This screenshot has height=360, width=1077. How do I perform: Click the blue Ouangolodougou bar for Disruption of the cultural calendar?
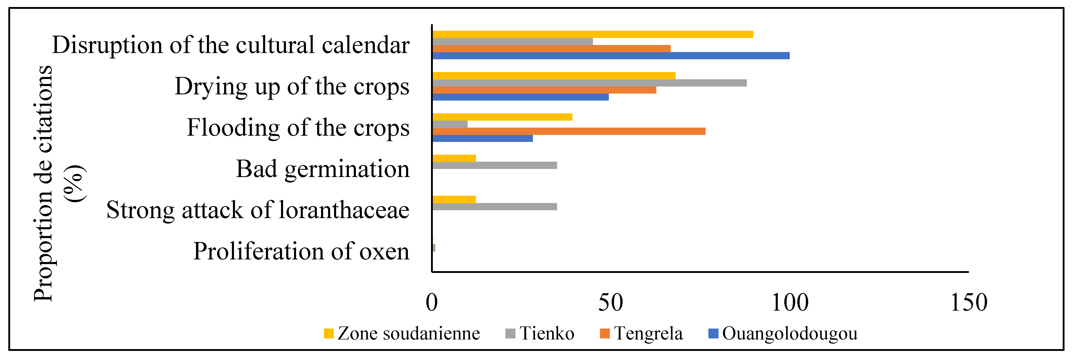click(610, 56)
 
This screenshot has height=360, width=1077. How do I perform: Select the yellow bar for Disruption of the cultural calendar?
click(592, 34)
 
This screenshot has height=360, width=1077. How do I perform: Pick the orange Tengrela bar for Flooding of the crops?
click(569, 131)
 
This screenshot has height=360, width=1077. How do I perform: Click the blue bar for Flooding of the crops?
click(482, 138)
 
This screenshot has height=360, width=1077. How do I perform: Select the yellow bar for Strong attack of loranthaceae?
click(454, 199)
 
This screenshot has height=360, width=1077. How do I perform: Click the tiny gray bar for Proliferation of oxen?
click(434, 248)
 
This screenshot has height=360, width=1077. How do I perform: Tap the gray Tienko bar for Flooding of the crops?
click(450, 124)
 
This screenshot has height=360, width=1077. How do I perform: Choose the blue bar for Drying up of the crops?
click(520, 97)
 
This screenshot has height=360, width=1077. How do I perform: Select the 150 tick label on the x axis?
click(968, 303)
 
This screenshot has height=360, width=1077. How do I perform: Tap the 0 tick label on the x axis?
click(432, 303)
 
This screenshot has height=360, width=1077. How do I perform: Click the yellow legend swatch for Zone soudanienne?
click(329, 334)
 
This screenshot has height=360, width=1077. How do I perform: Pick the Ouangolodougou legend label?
click(789, 334)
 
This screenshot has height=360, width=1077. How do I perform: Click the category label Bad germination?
click(322, 169)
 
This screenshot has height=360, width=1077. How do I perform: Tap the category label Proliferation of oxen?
click(301, 251)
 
